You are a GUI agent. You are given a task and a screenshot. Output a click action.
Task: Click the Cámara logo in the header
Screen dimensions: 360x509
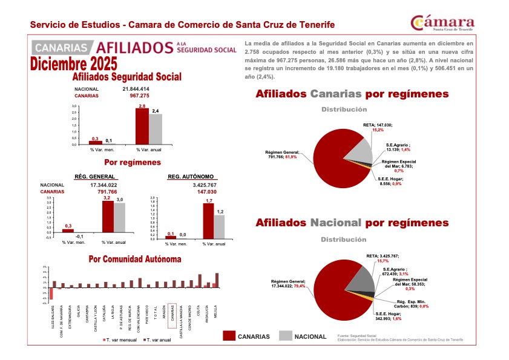(442, 22)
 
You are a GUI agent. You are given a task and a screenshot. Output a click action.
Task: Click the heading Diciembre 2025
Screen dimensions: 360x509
(74, 64)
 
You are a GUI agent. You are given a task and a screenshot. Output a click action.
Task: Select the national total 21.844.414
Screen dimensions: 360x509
(136, 89)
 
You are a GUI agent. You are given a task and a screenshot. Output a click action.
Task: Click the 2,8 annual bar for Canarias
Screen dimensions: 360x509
(142, 126)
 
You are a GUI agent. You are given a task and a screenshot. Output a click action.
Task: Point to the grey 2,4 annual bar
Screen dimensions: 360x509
(156, 129)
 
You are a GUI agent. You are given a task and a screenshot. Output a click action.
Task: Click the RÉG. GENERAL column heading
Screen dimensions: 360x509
(95, 177)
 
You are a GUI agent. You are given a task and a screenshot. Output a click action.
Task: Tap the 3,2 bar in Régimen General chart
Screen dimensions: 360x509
(108, 217)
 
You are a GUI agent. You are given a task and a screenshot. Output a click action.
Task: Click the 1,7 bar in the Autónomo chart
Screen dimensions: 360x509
(208, 220)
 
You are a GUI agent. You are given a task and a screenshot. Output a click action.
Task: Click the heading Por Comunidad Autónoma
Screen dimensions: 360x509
(134, 259)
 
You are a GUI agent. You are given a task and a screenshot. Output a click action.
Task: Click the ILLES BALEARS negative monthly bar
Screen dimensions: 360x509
(51, 293)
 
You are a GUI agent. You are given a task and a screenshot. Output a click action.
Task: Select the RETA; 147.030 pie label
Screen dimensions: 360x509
(378, 126)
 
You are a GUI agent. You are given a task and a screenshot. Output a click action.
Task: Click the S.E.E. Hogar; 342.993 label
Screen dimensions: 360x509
(389, 316)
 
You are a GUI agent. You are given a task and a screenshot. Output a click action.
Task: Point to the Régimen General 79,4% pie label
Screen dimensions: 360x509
(288, 284)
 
